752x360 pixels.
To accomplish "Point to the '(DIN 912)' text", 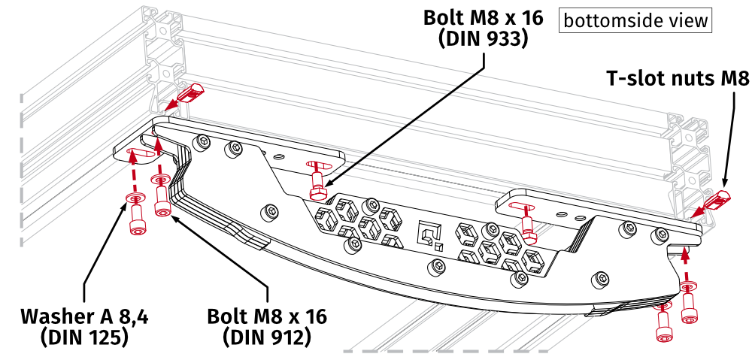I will coord(267,337).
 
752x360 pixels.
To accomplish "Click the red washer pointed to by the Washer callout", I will coord(133,198).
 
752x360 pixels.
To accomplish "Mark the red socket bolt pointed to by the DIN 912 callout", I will coord(160,205).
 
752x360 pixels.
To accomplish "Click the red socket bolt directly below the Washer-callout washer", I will coord(135,222).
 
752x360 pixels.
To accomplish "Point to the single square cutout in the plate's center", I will coord(428,236).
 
